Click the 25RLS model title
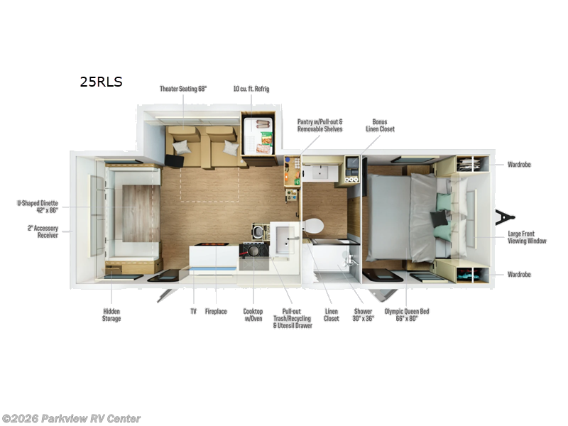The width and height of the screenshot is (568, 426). pos(101,82)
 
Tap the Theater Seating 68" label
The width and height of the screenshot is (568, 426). pos(183,89)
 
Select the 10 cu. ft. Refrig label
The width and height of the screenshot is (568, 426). pos(251,89)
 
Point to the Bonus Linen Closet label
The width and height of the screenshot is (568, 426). pos(380,126)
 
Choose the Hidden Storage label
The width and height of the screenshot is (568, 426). pos(111,315)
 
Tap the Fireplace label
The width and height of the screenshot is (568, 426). pos(216,312)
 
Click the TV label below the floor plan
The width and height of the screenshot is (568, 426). pos(193,312)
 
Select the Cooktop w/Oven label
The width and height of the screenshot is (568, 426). pos(253,315)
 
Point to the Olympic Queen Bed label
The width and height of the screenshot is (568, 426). pos(406,315)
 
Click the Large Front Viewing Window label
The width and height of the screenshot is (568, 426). pos(527,237)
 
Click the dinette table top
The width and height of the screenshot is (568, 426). pos(136,214)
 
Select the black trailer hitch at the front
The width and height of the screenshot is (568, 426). pos(505,217)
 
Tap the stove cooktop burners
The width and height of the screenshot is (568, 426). pos(254,251)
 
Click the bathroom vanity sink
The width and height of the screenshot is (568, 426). pos(320,173)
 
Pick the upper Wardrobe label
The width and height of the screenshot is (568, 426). pos(519,165)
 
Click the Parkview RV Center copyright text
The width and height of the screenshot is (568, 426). pos(71,419)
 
